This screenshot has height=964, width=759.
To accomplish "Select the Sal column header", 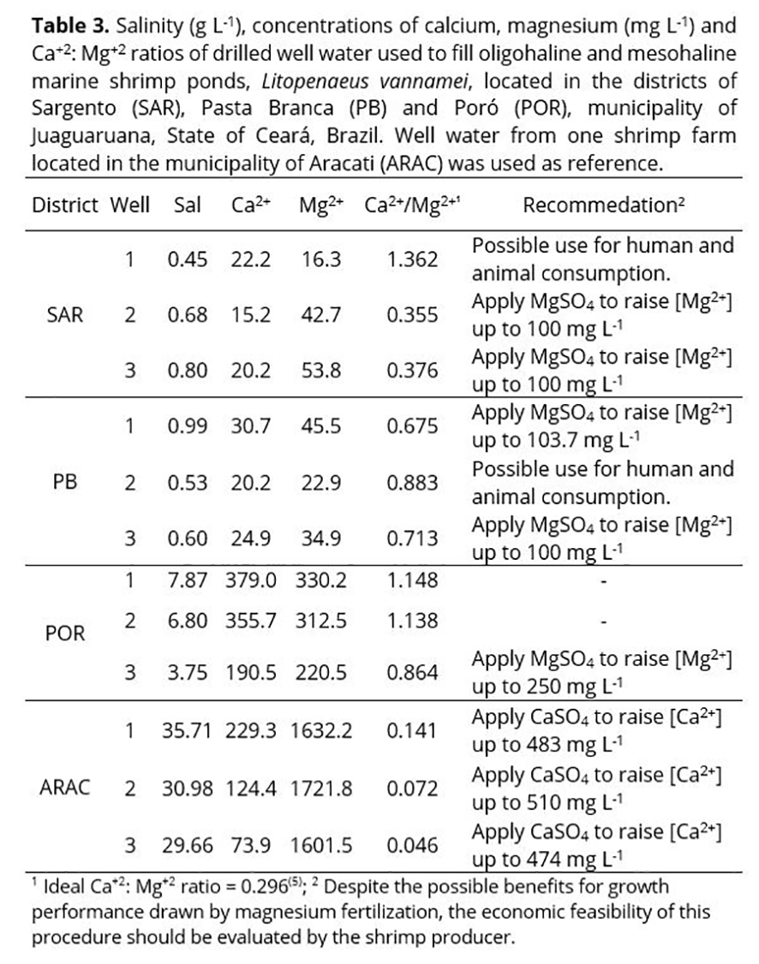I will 188,206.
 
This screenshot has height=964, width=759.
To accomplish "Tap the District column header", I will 67,206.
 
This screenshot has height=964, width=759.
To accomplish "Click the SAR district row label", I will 66,314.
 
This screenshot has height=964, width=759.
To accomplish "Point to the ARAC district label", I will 65,788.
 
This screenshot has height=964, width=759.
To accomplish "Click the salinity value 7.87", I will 188,580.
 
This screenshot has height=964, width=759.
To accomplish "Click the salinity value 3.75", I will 188,673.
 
